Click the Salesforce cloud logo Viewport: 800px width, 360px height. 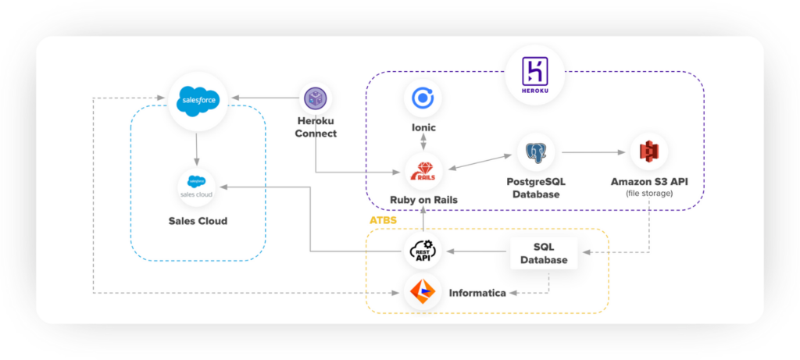coord(198,100)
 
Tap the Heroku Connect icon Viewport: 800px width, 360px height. coord(316,99)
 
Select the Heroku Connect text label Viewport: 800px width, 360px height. coord(316,127)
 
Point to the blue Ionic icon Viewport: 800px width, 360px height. coord(423,99)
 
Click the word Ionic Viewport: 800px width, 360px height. coord(423,127)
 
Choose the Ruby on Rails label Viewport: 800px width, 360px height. coord(423,200)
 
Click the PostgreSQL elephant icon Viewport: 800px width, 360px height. coord(536,154)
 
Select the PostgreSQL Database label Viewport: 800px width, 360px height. coord(536,187)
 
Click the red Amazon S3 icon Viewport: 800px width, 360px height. coord(649,152)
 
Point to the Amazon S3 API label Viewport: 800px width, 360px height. coord(649,182)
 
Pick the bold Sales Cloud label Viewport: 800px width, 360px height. coord(198,221)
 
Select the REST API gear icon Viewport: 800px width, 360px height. coord(423,251)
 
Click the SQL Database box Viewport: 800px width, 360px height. coord(545,252)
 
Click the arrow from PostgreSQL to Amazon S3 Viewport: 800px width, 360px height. coord(591,152)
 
